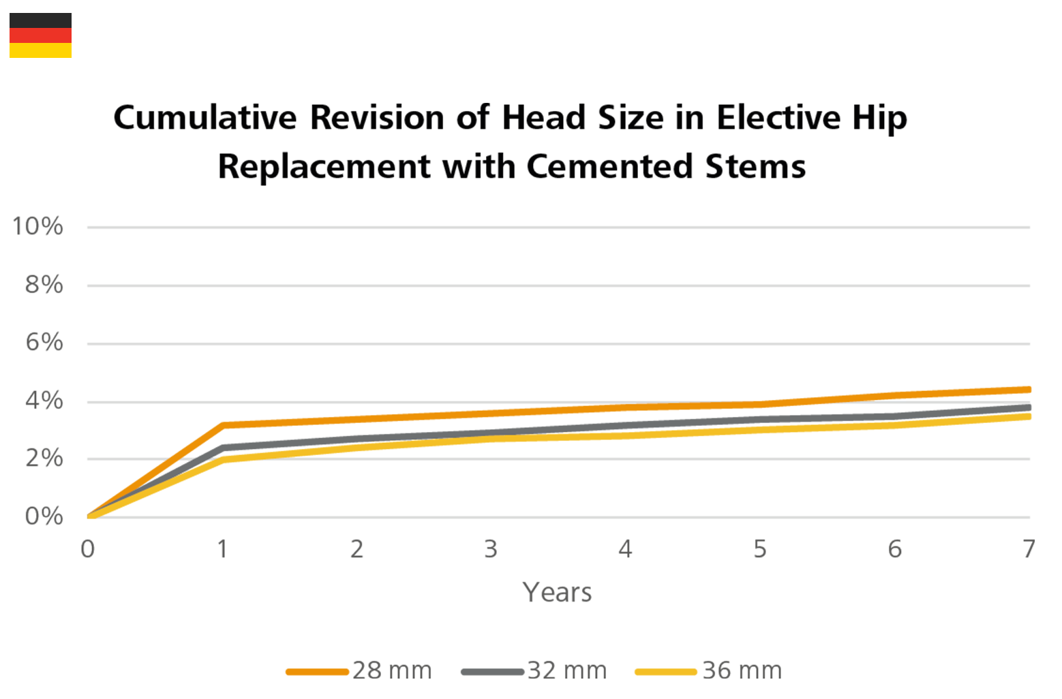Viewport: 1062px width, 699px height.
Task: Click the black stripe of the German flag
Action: pos(40,20)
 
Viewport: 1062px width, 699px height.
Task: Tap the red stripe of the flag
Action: pos(40,35)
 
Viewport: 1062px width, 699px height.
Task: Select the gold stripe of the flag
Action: pos(40,50)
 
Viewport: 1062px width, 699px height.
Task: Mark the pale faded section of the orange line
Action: pos(737,387)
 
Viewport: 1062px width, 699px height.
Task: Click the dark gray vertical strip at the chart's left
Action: pos(43,327)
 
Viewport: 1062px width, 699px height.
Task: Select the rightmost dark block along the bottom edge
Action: pos(1011,606)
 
